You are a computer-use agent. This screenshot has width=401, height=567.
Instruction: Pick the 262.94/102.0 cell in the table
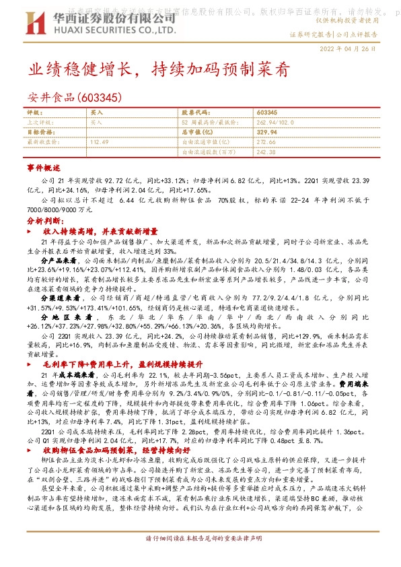click(x=275, y=123)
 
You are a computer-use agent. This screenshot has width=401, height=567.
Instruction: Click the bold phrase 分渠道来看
click(x=61, y=296)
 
